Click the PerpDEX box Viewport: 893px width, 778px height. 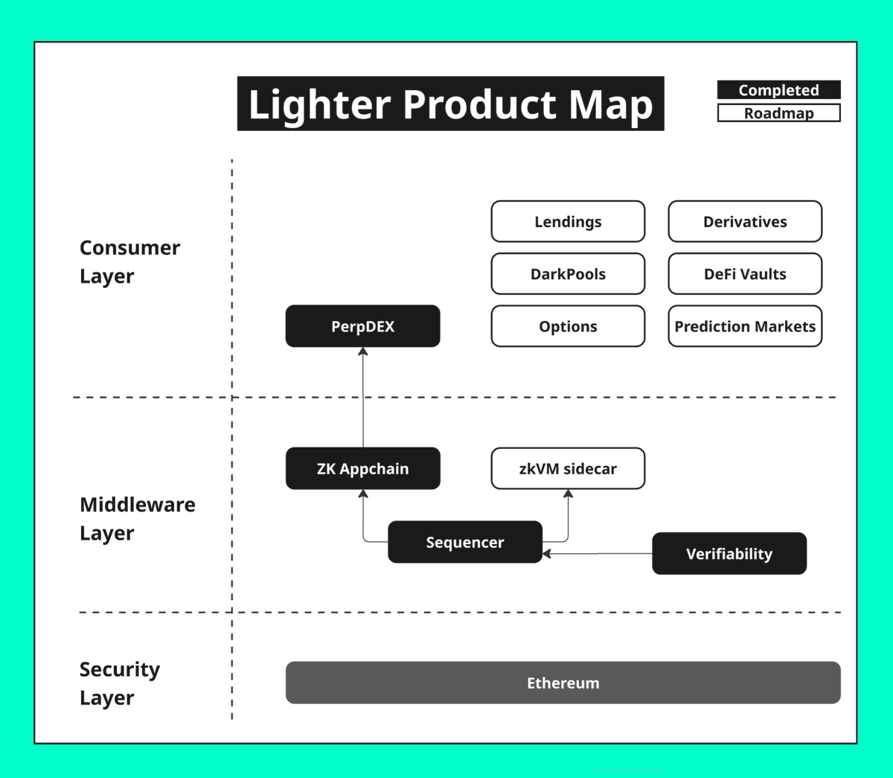[x=362, y=326]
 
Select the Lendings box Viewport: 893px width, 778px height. [x=568, y=222]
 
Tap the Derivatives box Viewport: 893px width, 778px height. [x=745, y=222]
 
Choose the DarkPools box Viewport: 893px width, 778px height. [x=568, y=274]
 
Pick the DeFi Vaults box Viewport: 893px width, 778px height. [x=745, y=274]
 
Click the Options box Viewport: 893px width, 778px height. [x=568, y=326]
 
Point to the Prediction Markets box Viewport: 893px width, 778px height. [x=745, y=326]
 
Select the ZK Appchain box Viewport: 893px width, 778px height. [x=362, y=468]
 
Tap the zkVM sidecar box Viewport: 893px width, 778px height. [x=568, y=468]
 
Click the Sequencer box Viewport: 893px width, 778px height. [x=464, y=542]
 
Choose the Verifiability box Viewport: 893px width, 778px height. [x=729, y=553]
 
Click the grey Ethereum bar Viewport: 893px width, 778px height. [x=563, y=683]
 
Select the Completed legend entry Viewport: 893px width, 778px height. [x=778, y=90]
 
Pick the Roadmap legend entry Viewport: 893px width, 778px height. [x=778, y=113]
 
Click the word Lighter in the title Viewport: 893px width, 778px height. [x=319, y=104]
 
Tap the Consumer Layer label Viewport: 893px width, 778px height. [x=129, y=261]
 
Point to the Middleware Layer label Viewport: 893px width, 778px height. [x=137, y=518]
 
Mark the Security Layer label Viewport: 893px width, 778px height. [x=119, y=683]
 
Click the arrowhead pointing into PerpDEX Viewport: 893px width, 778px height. [x=363, y=351]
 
